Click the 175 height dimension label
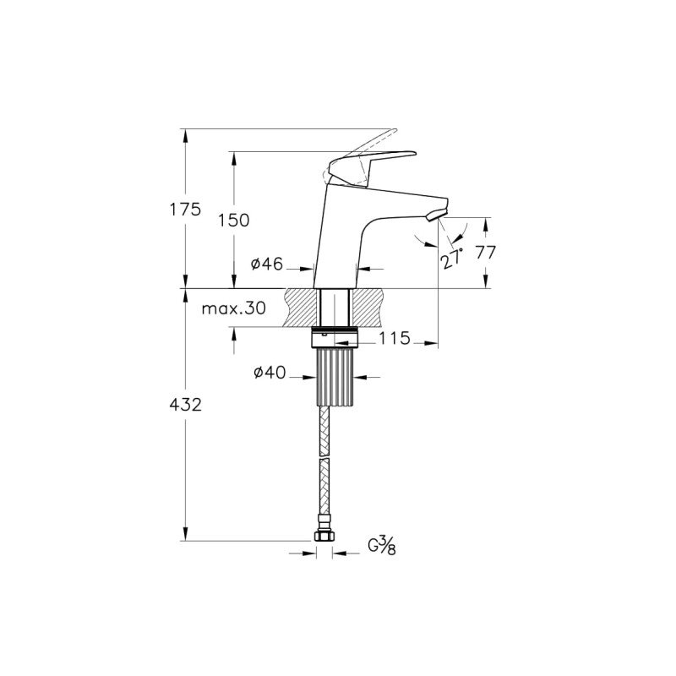(185, 210)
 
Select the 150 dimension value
(234, 221)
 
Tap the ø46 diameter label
(267, 264)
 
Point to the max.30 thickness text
(234, 308)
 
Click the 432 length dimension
(185, 405)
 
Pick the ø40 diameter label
(270, 373)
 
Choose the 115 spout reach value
(395, 339)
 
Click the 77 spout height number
(485, 252)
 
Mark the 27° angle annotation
(451, 259)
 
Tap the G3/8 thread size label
(382, 546)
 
